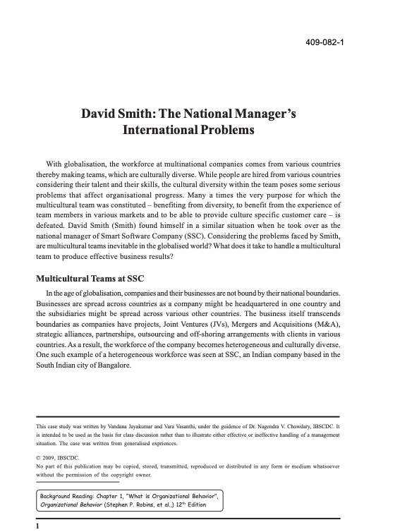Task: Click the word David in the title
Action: click(102, 114)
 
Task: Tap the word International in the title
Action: click(157, 131)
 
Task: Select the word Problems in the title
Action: click(224, 131)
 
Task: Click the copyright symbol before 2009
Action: click(39, 457)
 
